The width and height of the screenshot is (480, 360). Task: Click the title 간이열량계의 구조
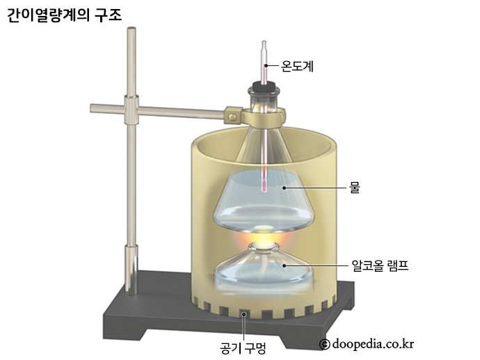tap(64, 15)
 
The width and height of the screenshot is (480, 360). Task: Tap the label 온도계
tap(297, 67)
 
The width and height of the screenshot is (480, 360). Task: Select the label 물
tap(355, 187)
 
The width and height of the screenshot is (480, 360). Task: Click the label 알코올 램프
tap(381, 265)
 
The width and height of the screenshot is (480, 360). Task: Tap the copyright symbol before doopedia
tap(324, 344)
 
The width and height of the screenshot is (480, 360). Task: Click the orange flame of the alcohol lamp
tap(262, 239)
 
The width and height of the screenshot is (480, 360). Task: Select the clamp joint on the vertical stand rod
tap(131, 108)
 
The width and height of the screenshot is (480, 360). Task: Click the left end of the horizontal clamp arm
tap(94, 108)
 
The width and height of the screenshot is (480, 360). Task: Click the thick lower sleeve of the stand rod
tap(131, 268)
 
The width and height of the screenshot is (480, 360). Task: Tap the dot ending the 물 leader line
tap(283, 187)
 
